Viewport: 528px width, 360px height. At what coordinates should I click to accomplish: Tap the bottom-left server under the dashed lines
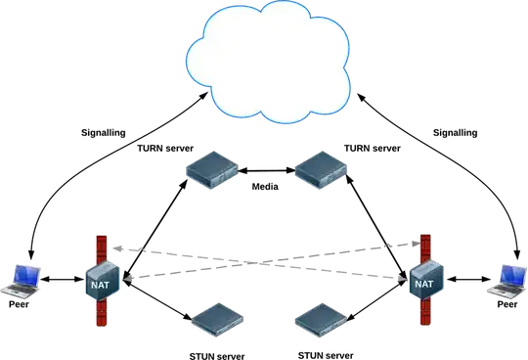[215, 320]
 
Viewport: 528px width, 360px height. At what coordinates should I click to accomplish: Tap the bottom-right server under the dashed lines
[320, 320]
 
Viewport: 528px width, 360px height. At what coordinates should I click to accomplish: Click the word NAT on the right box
[423, 284]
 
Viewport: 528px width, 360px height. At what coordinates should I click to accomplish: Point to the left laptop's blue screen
[22, 274]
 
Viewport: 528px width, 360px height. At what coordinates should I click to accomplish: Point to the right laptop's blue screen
[509, 275]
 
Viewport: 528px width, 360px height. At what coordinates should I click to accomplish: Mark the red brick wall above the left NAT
[99, 245]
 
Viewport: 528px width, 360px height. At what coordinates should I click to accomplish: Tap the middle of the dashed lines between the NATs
[262, 262]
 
